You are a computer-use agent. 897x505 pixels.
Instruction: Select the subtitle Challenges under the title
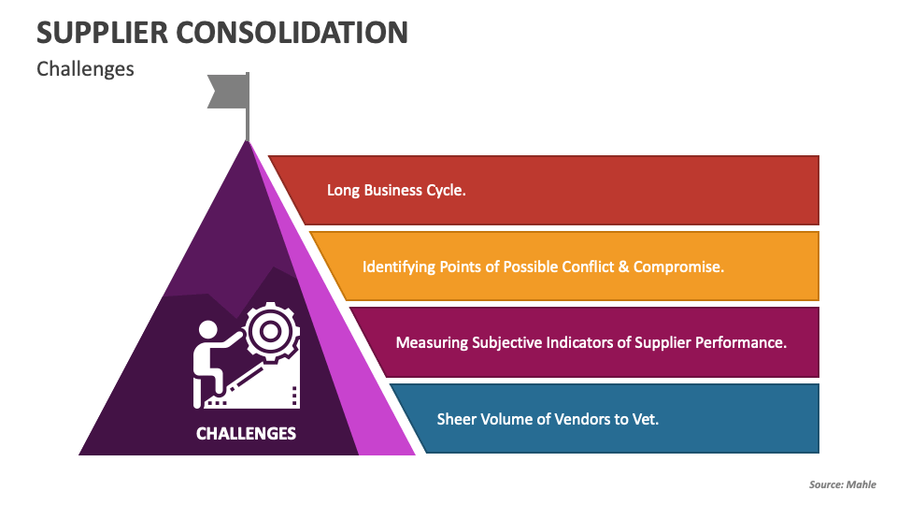(85, 69)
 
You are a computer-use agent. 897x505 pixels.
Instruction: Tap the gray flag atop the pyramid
(228, 91)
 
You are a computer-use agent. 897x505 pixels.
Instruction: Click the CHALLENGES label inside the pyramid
(246, 433)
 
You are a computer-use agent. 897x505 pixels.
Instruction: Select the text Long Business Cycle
(396, 190)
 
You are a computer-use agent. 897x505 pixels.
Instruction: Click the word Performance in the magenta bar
(743, 342)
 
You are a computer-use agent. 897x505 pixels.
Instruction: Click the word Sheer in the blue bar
(457, 419)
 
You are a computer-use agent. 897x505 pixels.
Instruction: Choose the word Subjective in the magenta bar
(504, 342)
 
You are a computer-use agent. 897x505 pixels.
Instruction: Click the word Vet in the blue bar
(646, 419)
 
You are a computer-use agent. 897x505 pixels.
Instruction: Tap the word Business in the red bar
(394, 190)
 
